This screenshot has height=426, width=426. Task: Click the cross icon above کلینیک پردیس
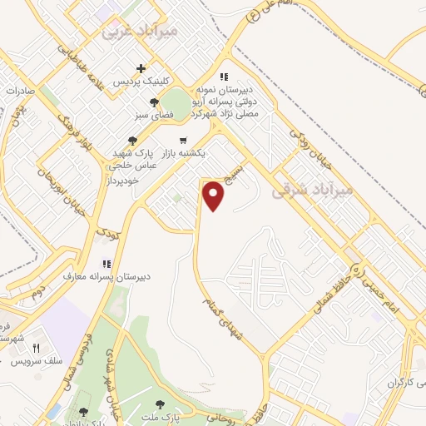141,69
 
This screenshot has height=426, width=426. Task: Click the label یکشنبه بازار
198,155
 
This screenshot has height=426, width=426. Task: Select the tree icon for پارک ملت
160,404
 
